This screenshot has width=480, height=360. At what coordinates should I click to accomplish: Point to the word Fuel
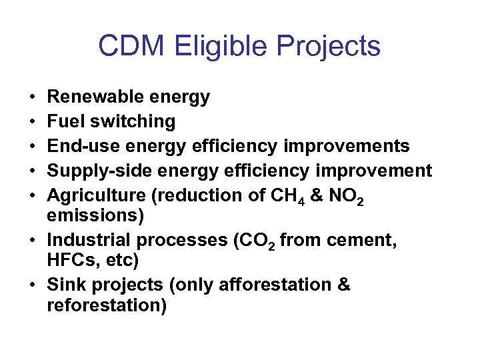pos(65,122)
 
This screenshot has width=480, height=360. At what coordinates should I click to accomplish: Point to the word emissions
pos(87,216)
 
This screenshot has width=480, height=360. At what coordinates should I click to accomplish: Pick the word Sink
pos(65,285)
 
